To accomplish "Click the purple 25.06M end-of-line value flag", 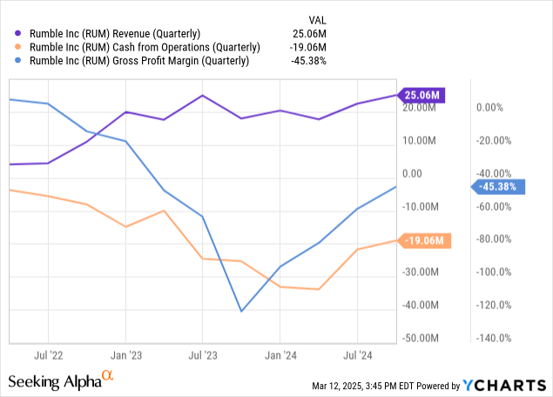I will (422, 94).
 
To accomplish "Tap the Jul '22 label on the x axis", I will (49, 355).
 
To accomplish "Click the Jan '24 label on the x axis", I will (280, 355).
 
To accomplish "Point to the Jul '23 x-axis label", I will (202, 355).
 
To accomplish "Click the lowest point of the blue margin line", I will (241, 311).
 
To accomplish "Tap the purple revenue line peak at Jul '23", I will (202, 96).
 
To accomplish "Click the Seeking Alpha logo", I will (61, 380).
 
